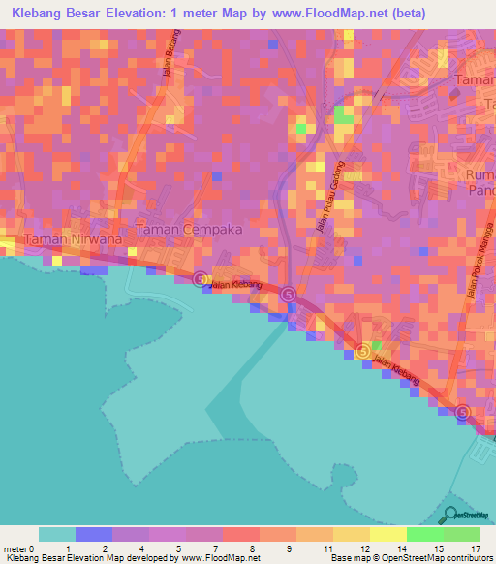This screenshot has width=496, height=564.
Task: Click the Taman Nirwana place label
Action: pos(63,239)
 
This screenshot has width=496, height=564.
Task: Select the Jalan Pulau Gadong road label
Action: pos(334,195)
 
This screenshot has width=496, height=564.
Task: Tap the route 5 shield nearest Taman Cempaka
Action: pos(200,279)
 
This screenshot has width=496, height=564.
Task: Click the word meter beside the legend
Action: pos(16,548)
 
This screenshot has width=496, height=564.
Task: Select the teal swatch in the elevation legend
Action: pos(57,534)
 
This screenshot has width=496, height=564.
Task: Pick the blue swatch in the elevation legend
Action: pos(94,534)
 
